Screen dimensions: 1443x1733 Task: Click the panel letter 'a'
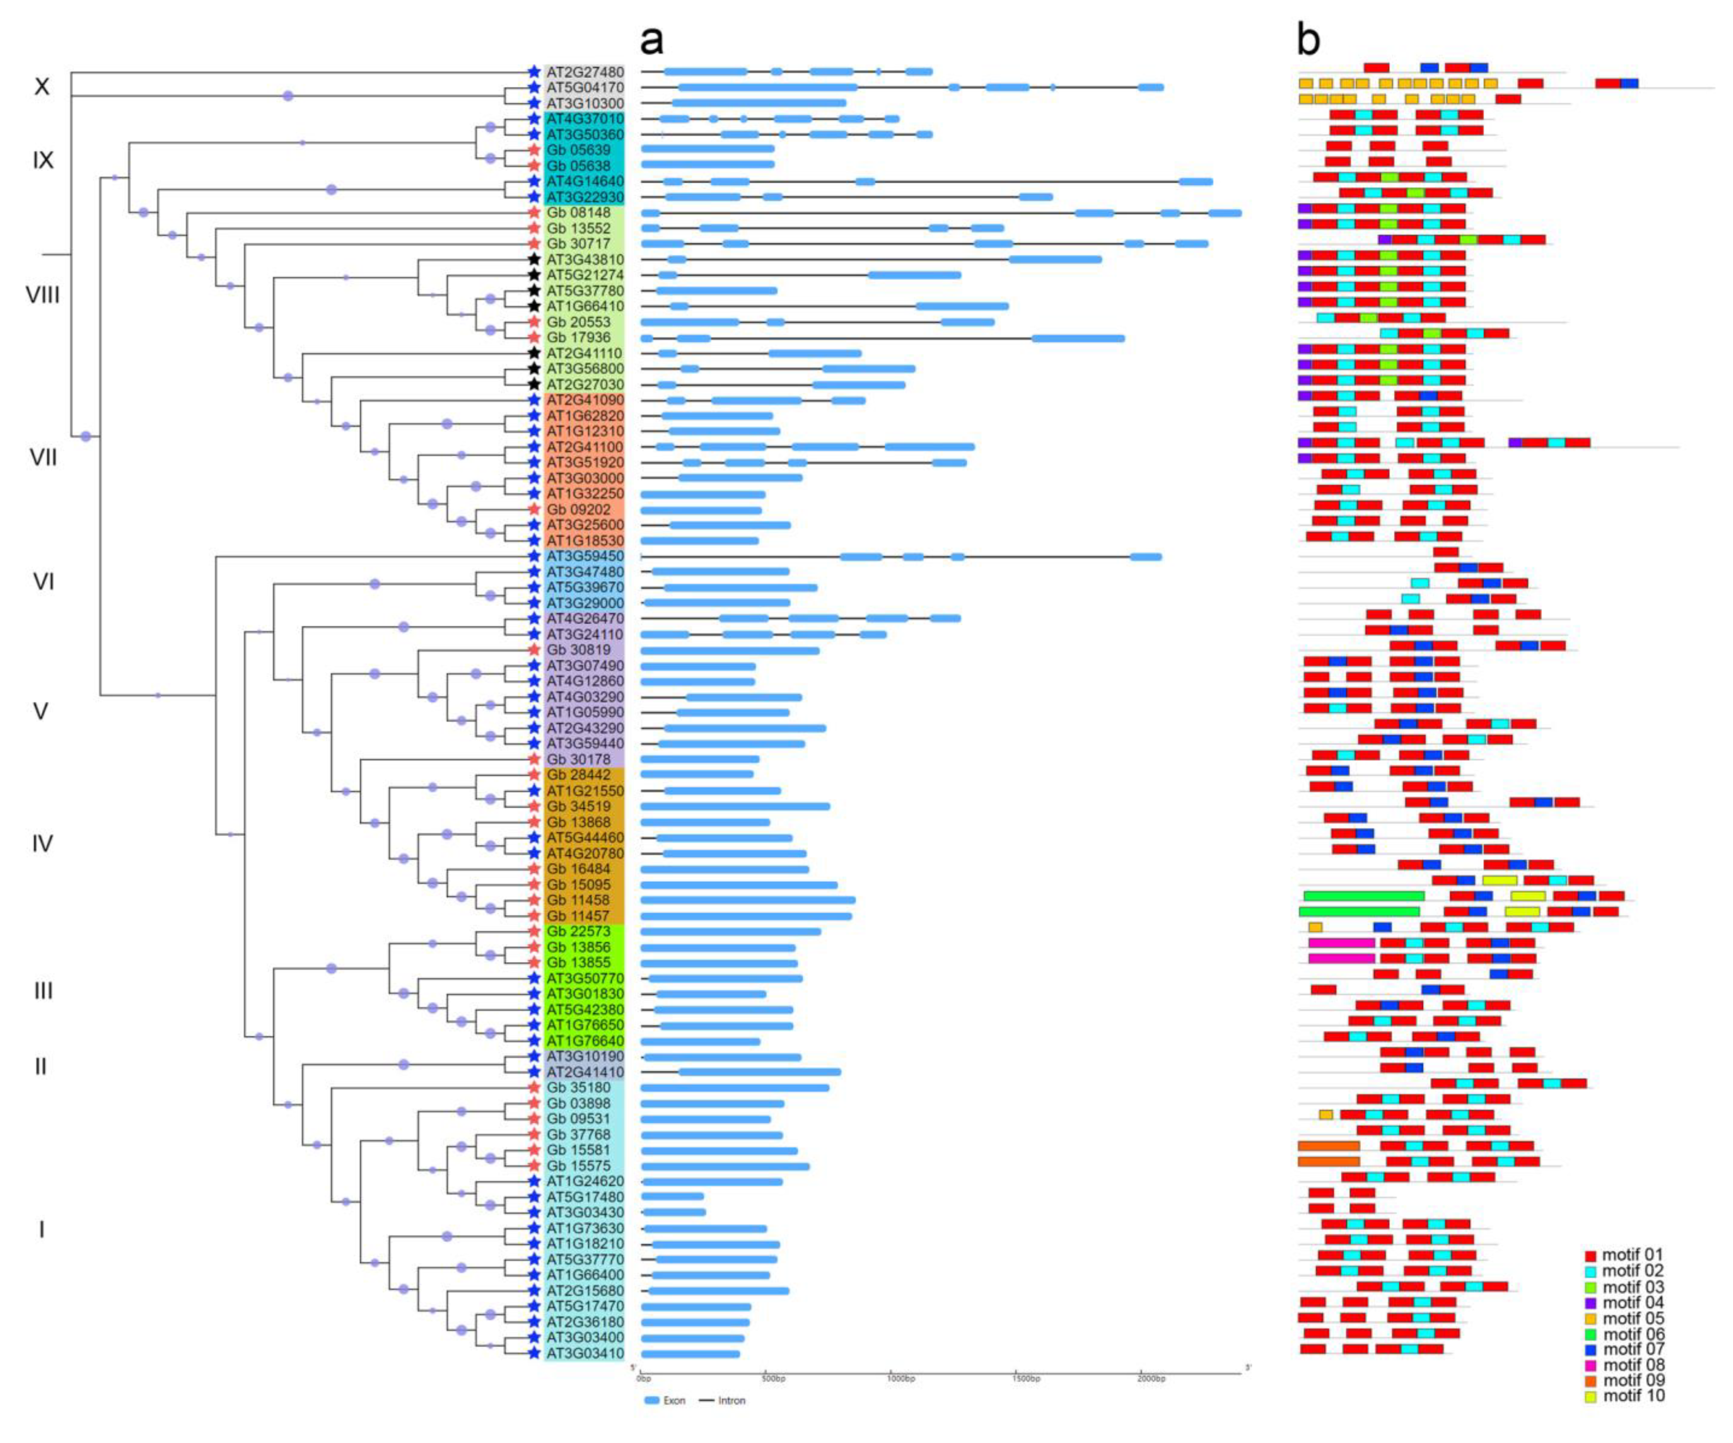651,40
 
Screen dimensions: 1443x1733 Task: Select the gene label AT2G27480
584,72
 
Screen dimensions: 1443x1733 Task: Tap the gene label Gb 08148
578,213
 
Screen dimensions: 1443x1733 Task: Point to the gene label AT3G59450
584,556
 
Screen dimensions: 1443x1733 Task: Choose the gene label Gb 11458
578,900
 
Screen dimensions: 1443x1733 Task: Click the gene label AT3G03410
584,1353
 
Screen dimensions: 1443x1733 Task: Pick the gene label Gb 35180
578,1087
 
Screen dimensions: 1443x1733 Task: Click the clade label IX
43,160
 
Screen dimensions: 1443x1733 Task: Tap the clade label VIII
43,295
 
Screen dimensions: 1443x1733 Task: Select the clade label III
43,991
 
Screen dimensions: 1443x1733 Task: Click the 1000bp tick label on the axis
901,1379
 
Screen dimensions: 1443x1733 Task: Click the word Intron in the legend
731,1401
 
